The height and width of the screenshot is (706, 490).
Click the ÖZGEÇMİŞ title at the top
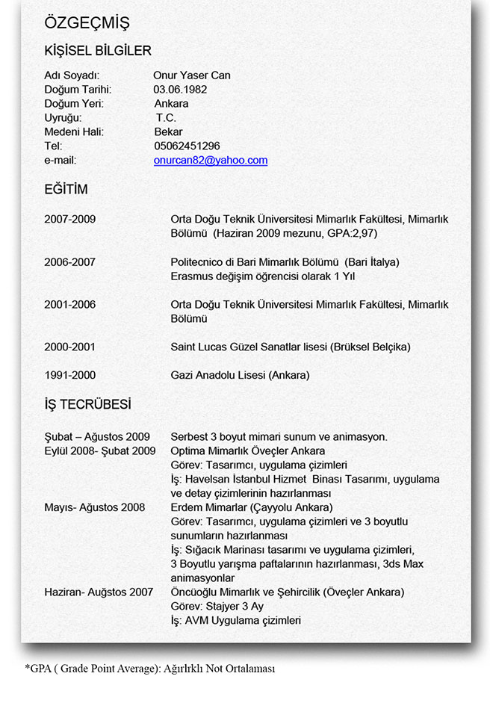coord(87,23)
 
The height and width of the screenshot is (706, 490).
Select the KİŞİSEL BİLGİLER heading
coord(98,51)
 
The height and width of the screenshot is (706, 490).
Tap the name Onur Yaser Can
coord(191,75)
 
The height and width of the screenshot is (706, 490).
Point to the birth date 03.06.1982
coord(180,89)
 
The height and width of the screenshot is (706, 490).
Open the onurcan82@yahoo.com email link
coord(211,160)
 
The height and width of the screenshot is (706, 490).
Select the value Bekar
coord(168,131)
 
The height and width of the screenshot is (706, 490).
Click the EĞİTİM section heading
coord(66,190)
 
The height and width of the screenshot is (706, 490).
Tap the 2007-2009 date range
coord(70,220)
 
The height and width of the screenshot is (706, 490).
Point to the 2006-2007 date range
coord(70,262)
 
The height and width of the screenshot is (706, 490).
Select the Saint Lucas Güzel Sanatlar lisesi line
coord(291,347)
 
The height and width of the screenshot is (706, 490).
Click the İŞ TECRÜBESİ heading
coord(87,405)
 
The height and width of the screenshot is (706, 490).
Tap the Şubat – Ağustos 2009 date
coord(97,436)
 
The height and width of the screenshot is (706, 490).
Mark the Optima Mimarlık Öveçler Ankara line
coord(248,450)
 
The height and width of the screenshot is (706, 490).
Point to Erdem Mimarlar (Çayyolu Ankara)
coord(252,507)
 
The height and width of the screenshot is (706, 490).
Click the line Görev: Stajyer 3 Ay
coord(217,606)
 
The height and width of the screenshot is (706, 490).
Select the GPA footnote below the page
coord(149,669)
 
